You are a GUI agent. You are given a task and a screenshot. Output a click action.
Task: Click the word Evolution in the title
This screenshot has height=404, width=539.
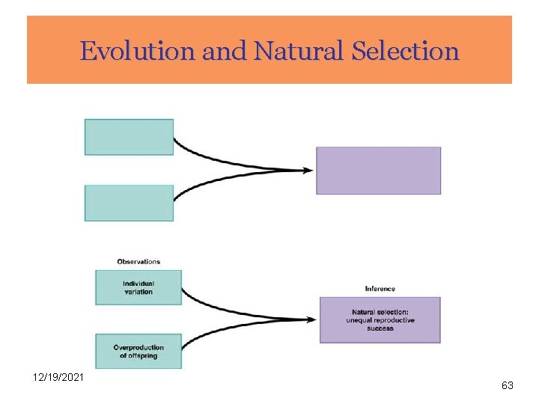125,52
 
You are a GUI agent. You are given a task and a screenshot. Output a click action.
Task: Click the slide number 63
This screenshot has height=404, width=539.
507,386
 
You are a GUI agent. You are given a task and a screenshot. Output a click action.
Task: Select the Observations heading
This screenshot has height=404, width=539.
138,262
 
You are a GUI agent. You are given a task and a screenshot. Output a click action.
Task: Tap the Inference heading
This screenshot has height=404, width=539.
380,289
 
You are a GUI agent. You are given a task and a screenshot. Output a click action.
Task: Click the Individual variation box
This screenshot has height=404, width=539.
138,287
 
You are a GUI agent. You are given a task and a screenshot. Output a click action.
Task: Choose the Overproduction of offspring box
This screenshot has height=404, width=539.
138,351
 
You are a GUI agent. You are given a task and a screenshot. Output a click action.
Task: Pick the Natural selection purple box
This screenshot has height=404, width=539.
380,320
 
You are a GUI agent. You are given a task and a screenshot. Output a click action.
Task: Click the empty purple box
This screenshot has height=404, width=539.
378,171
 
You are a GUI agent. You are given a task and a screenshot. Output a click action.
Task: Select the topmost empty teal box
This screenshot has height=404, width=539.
129,137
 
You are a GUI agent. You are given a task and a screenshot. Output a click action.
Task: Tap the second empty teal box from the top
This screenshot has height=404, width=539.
129,203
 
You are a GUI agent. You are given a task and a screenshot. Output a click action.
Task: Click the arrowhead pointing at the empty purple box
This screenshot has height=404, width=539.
308,171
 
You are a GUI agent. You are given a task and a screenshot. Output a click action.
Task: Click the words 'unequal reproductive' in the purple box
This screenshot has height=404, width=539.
380,320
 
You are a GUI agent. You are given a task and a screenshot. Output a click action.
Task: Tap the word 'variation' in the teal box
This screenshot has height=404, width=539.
138,292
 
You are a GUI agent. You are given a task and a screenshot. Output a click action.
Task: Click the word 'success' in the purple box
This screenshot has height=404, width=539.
380,328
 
